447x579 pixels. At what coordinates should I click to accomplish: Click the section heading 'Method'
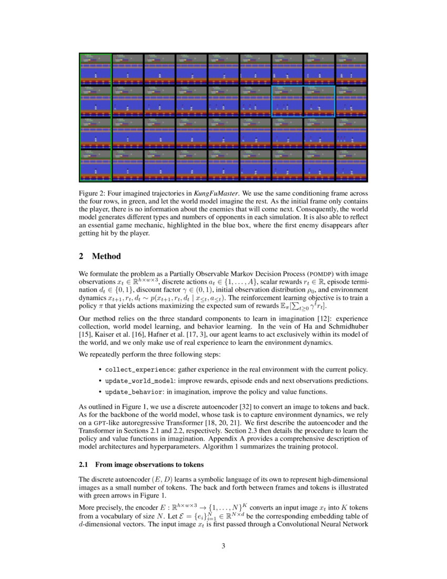pyautogui.click(x=106, y=256)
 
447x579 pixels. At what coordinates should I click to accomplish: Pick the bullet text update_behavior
pyautogui.click(x=134, y=392)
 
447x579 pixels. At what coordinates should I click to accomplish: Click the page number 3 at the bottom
pyautogui.click(x=223, y=546)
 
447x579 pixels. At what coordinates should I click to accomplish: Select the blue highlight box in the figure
pyautogui.click(x=303, y=101)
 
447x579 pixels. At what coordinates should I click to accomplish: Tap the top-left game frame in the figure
pyautogui.click(x=95, y=69)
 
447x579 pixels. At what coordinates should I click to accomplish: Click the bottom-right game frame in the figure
pyautogui.click(x=351, y=165)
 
